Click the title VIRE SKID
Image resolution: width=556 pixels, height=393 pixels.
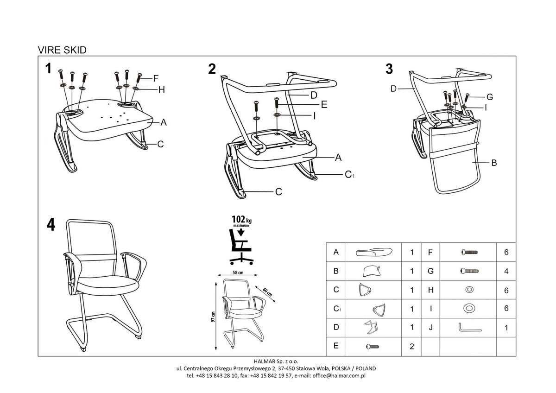click(62, 50)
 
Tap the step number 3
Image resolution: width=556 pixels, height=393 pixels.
click(389, 69)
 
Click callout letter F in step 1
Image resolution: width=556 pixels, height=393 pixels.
click(156, 77)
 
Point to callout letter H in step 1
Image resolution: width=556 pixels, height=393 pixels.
click(161, 90)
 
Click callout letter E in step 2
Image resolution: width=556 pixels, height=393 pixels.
click(324, 105)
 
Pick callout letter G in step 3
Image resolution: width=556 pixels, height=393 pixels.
click(489, 97)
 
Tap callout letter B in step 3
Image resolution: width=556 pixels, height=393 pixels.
click(494, 163)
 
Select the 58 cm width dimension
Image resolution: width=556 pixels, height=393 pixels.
click(238, 273)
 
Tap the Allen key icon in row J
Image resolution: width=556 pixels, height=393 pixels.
click(468, 328)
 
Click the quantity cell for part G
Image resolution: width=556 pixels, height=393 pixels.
click(506, 271)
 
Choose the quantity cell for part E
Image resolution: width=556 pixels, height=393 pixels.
click(411, 347)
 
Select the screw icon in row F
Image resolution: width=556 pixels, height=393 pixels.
click(468, 252)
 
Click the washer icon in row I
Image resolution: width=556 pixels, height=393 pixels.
click(468, 308)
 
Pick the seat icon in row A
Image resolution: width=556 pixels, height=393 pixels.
click(374, 252)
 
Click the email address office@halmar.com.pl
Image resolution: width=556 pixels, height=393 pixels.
click(339, 376)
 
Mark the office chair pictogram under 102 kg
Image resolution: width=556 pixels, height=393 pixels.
click(240, 246)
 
